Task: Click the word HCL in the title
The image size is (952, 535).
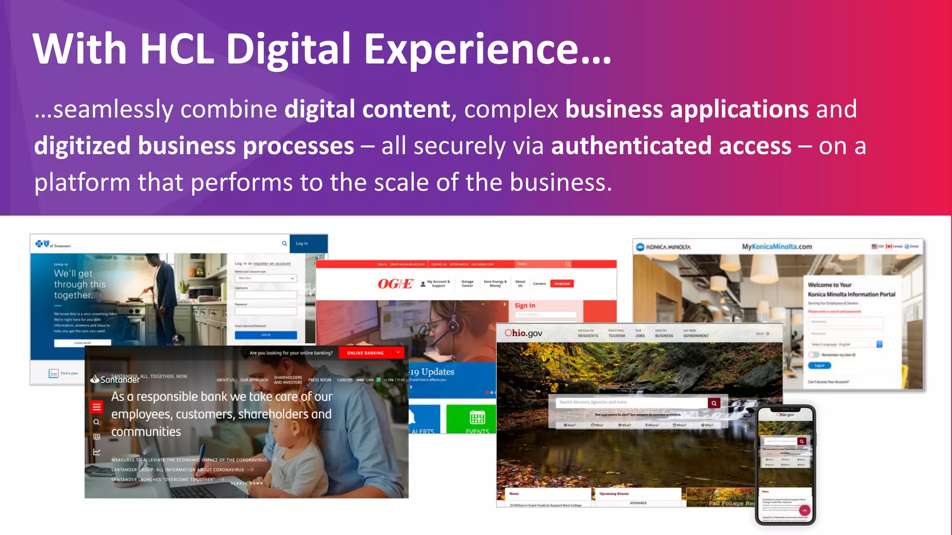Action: pyautogui.click(x=177, y=48)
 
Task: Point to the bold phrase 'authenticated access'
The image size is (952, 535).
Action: pyautogui.click(x=671, y=146)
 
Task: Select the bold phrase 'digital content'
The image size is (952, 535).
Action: pyautogui.click(x=367, y=110)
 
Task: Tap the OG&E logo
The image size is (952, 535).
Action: pyautogui.click(x=395, y=284)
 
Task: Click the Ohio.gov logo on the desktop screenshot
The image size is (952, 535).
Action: pyautogui.click(x=523, y=333)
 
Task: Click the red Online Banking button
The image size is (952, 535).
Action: pyautogui.click(x=366, y=353)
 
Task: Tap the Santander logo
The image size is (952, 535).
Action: pyautogui.click(x=115, y=379)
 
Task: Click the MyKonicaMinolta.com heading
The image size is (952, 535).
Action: pyautogui.click(x=777, y=247)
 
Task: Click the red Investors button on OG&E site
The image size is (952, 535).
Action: pyautogui.click(x=562, y=284)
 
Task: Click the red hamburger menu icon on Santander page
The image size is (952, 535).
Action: pyautogui.click(x=97, y=407)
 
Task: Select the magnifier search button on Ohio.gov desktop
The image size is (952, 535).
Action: pyautogui.click(x=714, y=403)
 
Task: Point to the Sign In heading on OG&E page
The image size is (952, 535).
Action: pyautogui.click(x=525, y=306)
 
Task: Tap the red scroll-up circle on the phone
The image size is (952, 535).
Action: pyautogui.click(x=805, y=510)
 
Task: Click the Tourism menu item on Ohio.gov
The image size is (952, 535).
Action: pyautogui.click(x=617, y=335)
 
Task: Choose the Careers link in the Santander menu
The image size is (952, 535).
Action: pyautogui.click(x=344, y=380)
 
